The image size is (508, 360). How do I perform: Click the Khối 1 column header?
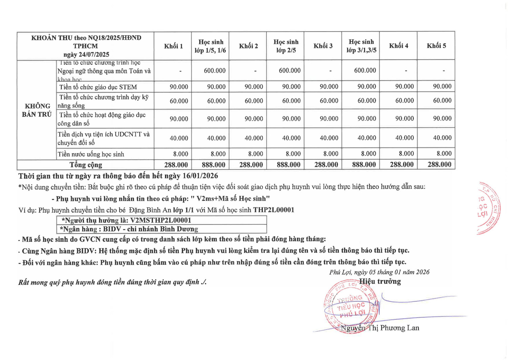click(173, 46)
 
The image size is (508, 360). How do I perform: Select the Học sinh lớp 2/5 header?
click(286, 46)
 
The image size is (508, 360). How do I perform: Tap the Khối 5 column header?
click(436, 46)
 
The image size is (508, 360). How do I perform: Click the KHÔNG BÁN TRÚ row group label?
click(37, 110)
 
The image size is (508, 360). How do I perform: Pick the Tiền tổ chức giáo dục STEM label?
click(98, 87)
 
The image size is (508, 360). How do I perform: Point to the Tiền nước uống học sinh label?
click(91, 155)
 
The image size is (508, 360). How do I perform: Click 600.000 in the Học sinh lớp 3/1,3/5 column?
click(365, 71)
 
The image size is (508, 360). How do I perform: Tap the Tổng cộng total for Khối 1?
click(176, 165)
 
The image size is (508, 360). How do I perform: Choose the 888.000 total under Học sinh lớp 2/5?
click(289, 165)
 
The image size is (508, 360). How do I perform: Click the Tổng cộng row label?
click(86, 165)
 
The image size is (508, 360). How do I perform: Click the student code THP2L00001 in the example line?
click(274, 210)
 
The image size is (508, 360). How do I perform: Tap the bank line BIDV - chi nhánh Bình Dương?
click(150, 229)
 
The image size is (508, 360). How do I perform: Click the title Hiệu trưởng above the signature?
click(380, 282)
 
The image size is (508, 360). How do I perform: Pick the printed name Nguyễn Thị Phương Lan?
click(380, 328)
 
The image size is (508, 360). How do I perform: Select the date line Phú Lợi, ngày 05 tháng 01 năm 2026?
click(379, 272)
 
